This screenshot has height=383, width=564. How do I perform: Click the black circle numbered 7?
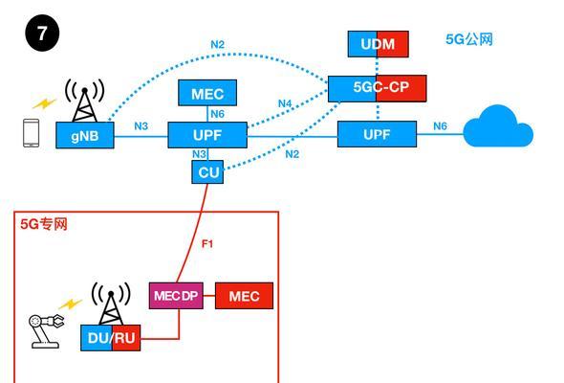(x=42, y=34)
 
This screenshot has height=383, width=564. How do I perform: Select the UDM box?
(x=378, y=44)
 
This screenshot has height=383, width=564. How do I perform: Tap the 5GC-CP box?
(x=378, y=88)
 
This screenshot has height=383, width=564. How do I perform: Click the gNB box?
(x=85, y=135)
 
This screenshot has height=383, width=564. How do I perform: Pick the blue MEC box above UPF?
(x=207, y=93)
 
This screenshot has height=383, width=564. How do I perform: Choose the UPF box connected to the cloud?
(x=377, y=134)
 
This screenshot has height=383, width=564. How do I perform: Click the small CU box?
(x=207, y=171)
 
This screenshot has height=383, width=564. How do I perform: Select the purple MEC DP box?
(x=176, y=296)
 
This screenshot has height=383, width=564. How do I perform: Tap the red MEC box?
(x=244, y=296)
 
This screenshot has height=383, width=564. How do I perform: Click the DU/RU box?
(x=111, y=338)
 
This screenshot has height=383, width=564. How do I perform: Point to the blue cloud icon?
(x=498, y=126)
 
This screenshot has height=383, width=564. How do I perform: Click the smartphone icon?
(x=32, y=133)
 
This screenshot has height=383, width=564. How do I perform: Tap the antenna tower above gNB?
(x=85, y=101)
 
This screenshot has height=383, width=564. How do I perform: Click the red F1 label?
(x=207, y=244)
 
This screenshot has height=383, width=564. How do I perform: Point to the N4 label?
(x=285, y=103)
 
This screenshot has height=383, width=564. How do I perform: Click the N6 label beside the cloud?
(x=440, y=126)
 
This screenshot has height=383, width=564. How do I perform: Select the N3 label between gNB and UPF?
(x=141, y=126)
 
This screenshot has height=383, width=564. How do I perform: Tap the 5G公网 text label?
(x=469, y=39)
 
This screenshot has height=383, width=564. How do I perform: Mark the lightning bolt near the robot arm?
(x=71, y=304)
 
